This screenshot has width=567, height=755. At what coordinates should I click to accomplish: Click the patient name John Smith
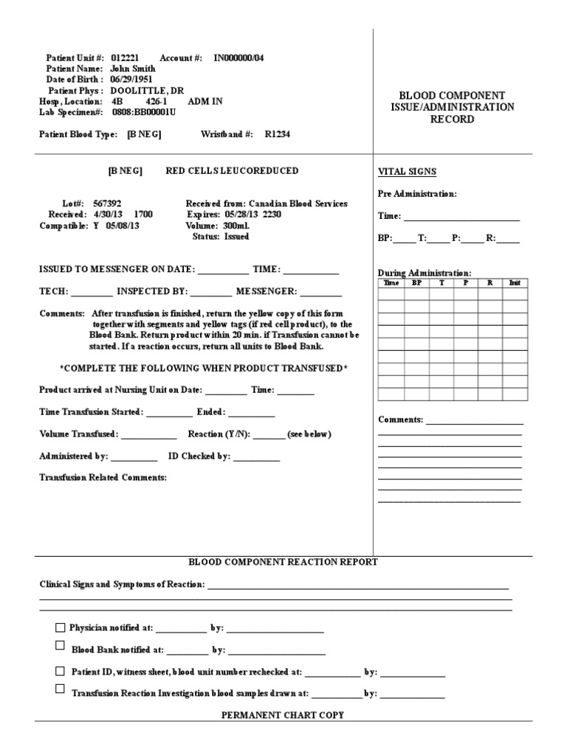pos(133,68)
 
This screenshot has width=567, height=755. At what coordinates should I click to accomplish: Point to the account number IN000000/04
pos(239,57)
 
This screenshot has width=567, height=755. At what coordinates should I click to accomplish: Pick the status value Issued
pos(237,237)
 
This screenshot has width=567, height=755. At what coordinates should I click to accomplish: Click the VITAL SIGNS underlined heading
pos(407,172)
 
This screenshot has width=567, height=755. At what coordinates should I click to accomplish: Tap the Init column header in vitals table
pos(515,282)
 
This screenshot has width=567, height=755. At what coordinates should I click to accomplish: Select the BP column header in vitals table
pos(416,282)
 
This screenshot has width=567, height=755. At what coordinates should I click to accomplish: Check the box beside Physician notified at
pos(61,628)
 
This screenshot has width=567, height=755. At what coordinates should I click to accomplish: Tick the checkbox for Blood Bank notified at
pos(61,646)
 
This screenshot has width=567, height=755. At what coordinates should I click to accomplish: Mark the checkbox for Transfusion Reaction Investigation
pos(61,689)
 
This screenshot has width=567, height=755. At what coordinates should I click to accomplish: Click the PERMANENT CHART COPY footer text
pos(283,715)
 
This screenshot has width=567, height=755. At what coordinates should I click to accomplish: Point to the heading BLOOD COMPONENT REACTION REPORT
pos(283,562)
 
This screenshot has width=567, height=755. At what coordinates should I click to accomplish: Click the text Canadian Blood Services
pos(298,203)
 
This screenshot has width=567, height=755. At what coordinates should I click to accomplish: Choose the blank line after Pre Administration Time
pos(461,219)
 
